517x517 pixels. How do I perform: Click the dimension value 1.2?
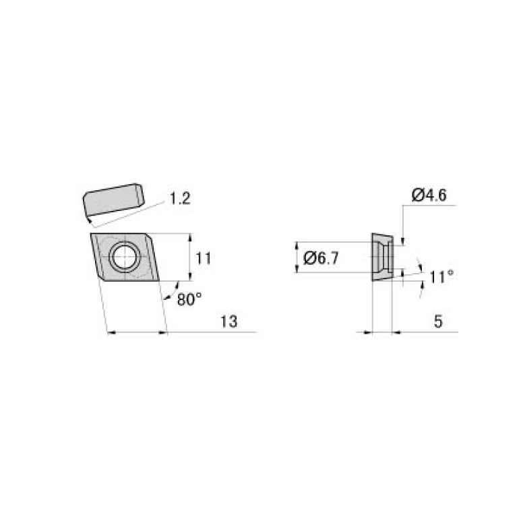point(180,198)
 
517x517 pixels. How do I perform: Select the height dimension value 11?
point(204,257)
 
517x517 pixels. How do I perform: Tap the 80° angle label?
point(189,299)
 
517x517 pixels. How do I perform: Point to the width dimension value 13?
point(229,322)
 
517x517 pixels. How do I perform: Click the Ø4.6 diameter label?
point(429,195)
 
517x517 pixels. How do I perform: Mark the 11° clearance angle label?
point(442,276)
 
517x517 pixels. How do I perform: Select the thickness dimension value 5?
point(437,322)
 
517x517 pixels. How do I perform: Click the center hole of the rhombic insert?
point(124,256)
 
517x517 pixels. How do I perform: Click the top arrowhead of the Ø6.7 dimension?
point(297,245)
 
